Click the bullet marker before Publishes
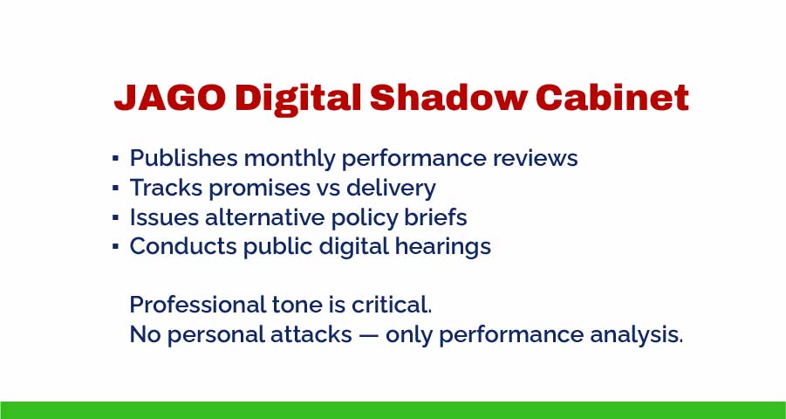[115, 160]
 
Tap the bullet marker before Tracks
[115, 189]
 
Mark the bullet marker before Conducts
[115, 247]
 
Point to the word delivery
[393, 189]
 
